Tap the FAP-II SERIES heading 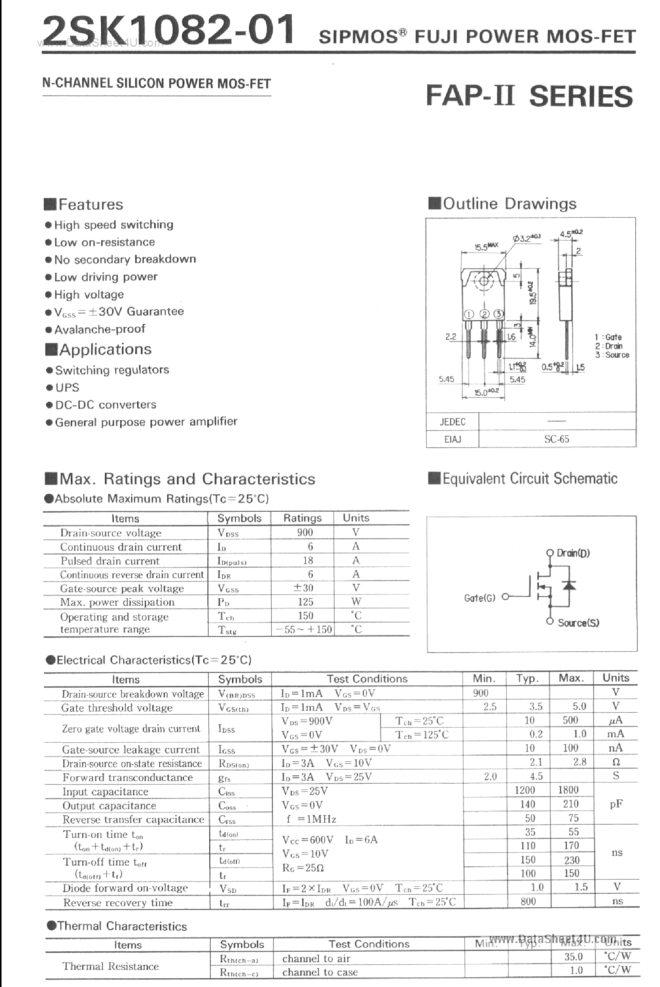(x=529, y=96)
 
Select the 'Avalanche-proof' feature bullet (x=100, y=329)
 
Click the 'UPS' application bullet (x=67, y=387)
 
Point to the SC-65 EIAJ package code (x=556, y=439)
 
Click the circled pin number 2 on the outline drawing (x=484, y=314)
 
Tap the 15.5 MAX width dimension (x=486, y=246)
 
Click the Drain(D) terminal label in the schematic (x=573, y=553)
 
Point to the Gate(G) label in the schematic (x=479, y=598)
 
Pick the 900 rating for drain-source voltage (x=305, y=533)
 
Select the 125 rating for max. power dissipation (x=305, y=602)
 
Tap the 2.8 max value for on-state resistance (x=580, y=762)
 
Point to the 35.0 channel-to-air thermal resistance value (x=573, y=957)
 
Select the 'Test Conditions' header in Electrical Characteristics (x=367, y=679)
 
